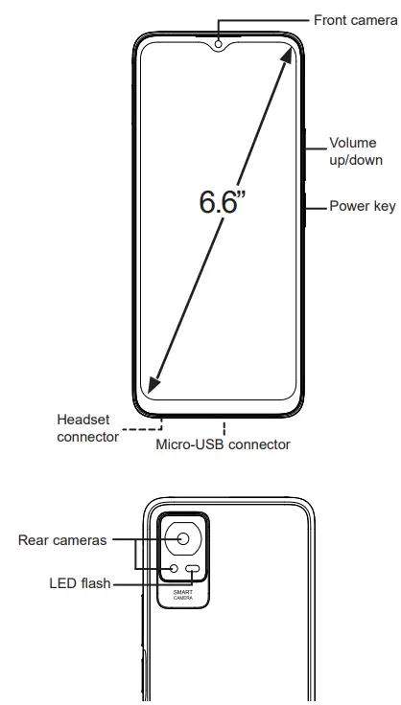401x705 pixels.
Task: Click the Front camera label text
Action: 355,19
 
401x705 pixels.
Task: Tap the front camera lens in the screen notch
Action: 220,43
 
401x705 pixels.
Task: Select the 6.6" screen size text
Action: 224,202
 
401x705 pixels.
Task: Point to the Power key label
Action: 362,206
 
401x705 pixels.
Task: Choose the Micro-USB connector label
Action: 223,444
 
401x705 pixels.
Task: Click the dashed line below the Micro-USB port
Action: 225,427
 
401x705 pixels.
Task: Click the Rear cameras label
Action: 62,540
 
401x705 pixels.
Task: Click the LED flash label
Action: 80,581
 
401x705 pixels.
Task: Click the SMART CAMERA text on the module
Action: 182,595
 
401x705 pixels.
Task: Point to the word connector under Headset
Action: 87,436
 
